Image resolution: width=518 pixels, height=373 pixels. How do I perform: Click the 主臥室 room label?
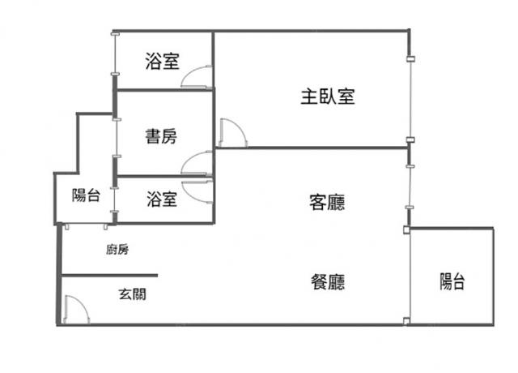pos(328,96)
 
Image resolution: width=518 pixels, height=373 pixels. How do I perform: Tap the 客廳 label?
pos(327,202)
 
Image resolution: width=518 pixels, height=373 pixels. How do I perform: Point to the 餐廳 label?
pos(328,282)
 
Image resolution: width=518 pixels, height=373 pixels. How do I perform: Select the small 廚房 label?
pos(117,250)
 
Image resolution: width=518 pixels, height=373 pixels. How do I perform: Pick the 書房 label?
pos(161,136)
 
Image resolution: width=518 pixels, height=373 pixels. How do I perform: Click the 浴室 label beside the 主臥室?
pos(162,61)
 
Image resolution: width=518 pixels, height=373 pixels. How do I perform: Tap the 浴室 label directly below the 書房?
pos(162,199)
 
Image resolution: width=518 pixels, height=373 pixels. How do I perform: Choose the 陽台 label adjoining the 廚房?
pos(85,195)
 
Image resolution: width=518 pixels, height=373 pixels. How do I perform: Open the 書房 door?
pos(197,163)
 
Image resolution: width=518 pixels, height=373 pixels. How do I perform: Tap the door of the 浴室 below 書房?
pos(197,187)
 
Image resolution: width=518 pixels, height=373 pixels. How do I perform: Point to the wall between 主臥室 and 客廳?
pos(312,148)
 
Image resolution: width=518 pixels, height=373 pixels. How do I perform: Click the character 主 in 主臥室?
pos(309,96)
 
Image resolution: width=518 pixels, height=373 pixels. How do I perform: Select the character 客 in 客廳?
pos(318,202)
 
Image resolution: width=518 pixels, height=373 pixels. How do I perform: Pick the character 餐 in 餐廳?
pos(319,282)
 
